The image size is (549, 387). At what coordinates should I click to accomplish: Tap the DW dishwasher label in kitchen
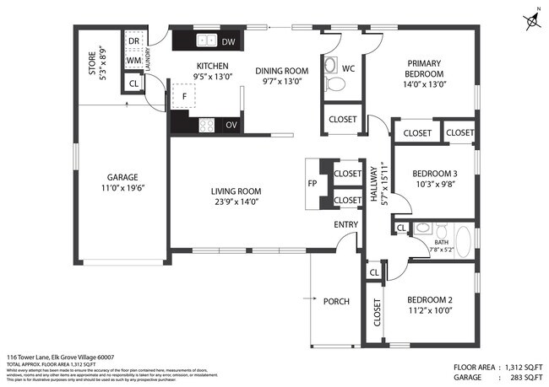pos(228,41)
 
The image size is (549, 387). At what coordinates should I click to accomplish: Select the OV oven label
pos(231,125)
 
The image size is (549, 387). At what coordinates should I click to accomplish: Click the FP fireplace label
pos(312,182)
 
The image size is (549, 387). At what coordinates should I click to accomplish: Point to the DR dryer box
pos(133,40)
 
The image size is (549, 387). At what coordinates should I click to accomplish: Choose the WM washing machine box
pos(133,60)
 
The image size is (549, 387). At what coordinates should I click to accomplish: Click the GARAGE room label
pos(122,177)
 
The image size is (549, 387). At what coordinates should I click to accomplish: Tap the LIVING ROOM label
pos(236,191)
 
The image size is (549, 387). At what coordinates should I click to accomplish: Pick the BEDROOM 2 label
pos(430,300)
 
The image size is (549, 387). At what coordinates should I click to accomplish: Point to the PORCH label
pos(336,300)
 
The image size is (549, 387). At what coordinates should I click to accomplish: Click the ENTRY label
pos(345,223)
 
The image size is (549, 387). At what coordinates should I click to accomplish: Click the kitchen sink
pos(204,40)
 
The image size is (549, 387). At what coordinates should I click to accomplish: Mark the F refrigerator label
pos(184,96)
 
